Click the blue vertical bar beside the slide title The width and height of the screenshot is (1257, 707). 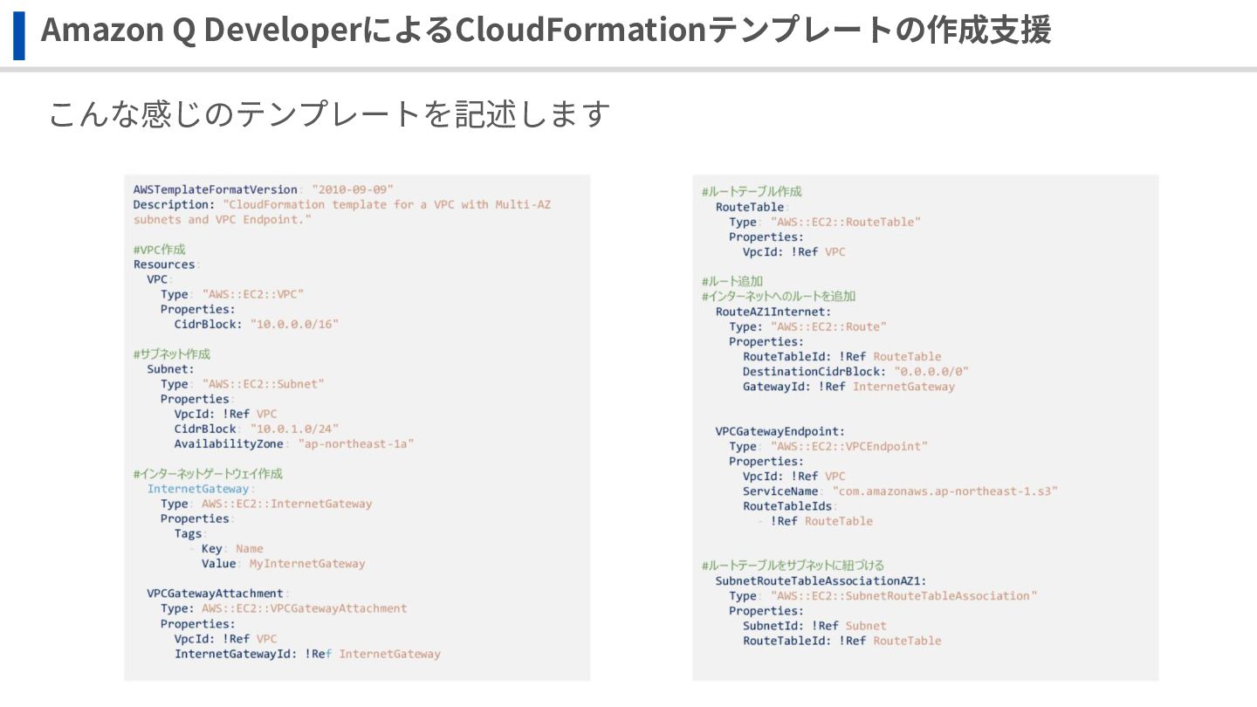tap(19, 36)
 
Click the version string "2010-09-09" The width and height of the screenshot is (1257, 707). tap(353, 189)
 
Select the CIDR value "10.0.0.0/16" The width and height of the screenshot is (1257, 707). tap(294, 324)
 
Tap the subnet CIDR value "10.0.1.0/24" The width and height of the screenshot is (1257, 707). tap(294, 429)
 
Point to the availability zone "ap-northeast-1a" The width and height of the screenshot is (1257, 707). tap(356, 443)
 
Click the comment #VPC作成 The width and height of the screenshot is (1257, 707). tap(159, 249)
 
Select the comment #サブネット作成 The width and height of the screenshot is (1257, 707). tap(171, 353)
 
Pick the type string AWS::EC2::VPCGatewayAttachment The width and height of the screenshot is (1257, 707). tap(304, 608)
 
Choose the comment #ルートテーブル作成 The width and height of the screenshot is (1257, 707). tap(752, 191)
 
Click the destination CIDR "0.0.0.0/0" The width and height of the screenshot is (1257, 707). tap(931, 371)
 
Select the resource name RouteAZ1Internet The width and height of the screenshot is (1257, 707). tap(772, 311)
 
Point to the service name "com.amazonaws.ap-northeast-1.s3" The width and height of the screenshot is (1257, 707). tap(945, 491)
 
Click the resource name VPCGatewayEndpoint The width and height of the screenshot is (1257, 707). tap(779, 431)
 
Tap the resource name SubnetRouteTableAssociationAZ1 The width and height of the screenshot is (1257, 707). tap(820, 580)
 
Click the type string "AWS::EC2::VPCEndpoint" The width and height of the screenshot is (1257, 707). tap(849, 446)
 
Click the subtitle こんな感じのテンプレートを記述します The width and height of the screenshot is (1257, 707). tap(328, 113)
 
